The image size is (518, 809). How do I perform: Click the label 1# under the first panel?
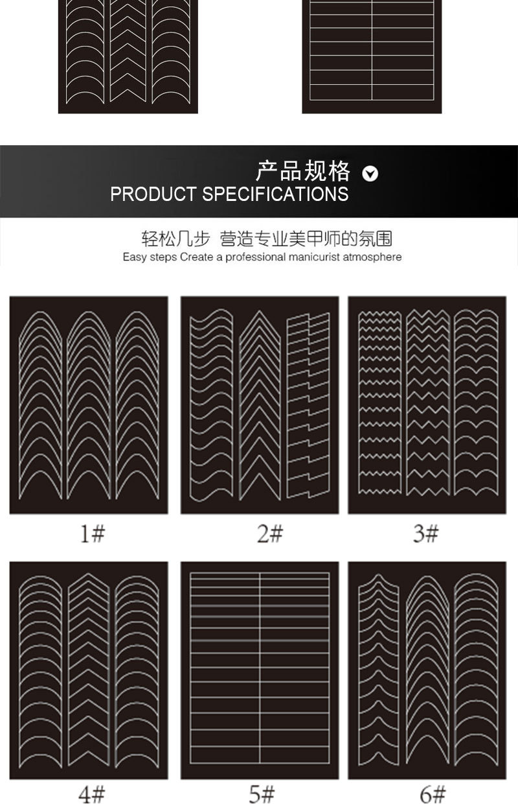click(x=93, y=533)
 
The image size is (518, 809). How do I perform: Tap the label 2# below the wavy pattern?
click(x=271, y=533)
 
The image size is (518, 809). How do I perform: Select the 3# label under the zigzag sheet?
click(x=426, y=533)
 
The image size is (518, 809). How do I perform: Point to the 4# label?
click(x=93, y=793)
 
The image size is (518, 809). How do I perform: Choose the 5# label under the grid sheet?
click(x=262, y=793)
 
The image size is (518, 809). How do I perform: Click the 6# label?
click(x=433, y=793)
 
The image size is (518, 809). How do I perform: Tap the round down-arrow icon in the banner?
click(x=370, y=173)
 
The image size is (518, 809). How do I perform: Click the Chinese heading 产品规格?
click(x=303, y=172)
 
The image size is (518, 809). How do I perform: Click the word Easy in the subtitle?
click(x=135, y=257)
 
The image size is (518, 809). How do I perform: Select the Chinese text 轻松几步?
click(x=176, y=239)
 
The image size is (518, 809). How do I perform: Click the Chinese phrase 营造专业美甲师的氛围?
click(x=306, y=239)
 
